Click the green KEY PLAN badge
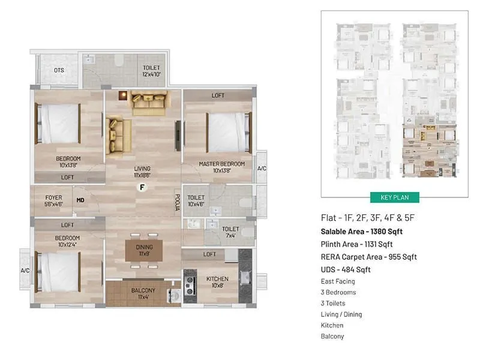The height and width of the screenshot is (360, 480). pos(394,197)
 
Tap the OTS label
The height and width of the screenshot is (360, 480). pos(59,71)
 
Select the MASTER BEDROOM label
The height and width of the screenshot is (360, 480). pos(221,164)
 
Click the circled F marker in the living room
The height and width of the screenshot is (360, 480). pos(142,187)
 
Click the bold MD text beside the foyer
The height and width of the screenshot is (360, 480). pos(80,200)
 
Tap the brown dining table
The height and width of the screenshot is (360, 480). pos(144,250)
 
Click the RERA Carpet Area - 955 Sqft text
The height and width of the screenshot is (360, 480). pos(369,257)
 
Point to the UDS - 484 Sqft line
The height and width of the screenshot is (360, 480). pos(346,269)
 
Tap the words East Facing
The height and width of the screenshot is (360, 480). pos(338,281)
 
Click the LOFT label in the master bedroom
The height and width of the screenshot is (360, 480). pos(218,96)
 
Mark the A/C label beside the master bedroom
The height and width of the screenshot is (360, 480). pos(262,169)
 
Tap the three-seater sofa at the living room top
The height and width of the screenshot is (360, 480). pos(149,103)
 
